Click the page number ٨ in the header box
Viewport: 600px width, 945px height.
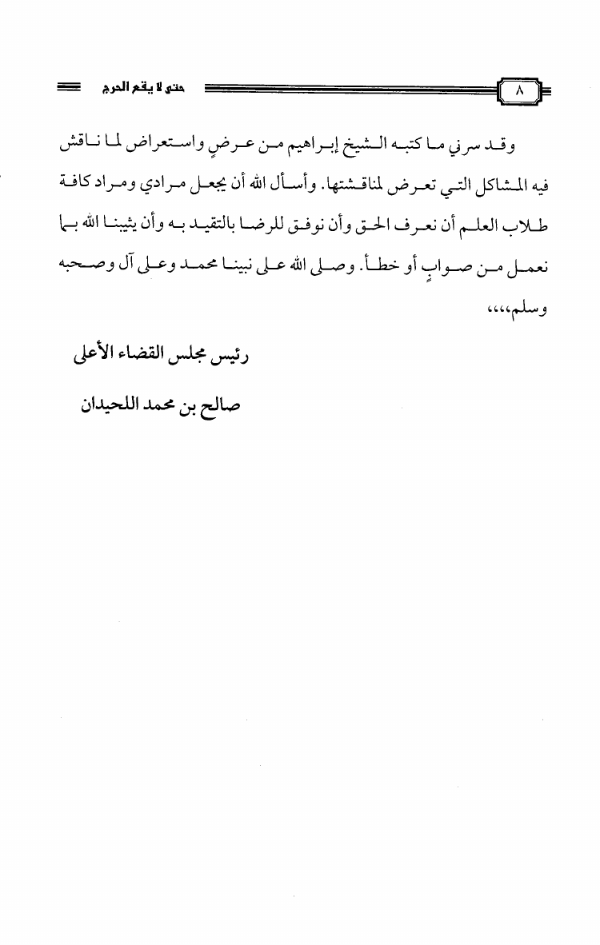[518, 91]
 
